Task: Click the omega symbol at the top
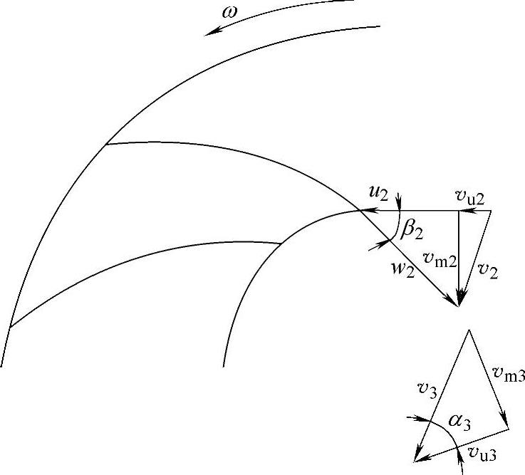pyautogui.click(x=229, y=15)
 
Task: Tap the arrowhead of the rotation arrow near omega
pyautogui.click(x=209, y=31)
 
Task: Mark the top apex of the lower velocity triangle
pyautogui.click(x=468, y=330)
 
